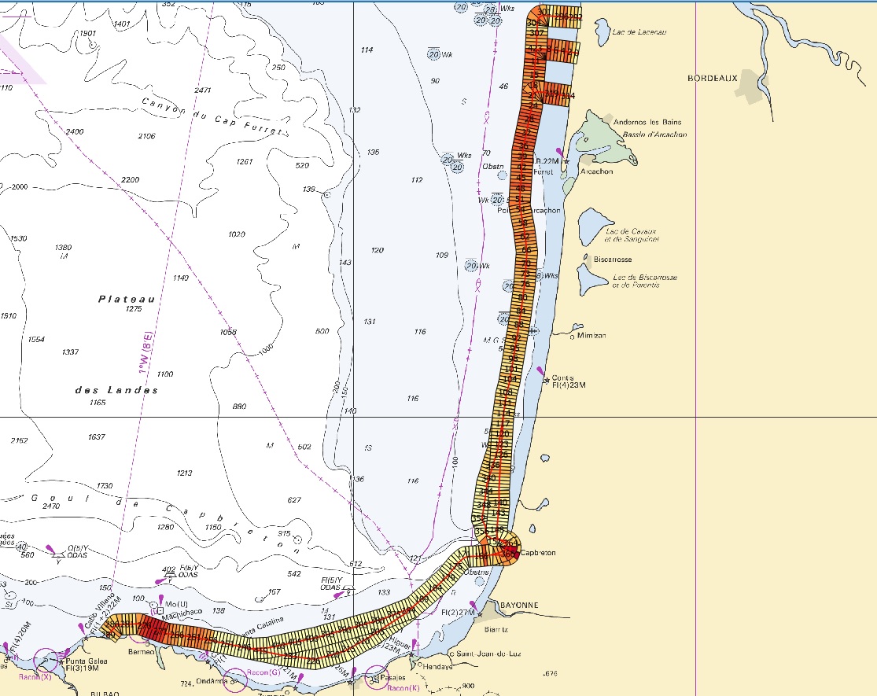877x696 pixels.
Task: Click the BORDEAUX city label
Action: tap(712, 79)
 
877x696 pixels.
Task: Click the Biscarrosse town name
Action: tap(614, 259)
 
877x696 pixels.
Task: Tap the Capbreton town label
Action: tap(538, 553)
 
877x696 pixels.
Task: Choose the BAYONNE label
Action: tap(517, 605)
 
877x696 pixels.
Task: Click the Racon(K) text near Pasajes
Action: tap(403, 689)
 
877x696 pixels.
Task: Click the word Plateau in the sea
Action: tap(126, 299)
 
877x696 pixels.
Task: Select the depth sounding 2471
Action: tap(203, 90)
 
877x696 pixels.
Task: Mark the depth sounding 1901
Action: tap(88, 34)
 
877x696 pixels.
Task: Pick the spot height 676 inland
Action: tap(550, 673)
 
